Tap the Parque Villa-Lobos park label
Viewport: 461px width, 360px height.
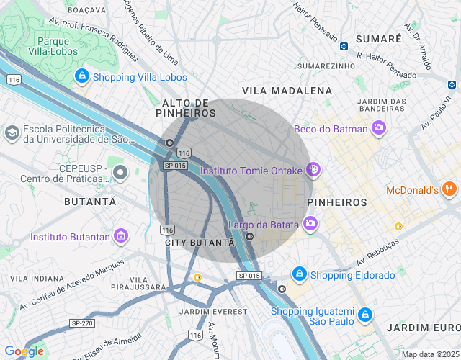(x=48, y=46)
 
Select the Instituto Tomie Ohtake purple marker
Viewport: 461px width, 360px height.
(x=313, y=171)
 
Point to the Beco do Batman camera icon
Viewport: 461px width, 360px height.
(x=379, y=129)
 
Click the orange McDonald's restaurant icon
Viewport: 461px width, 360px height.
(x=449, y=190)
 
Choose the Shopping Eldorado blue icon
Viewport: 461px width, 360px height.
(x=299, y=275)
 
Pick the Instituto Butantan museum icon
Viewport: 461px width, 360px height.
(x=121, y=236)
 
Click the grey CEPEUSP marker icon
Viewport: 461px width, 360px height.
(x=121, y=172)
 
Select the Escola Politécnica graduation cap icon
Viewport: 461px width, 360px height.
(x=12, y=132)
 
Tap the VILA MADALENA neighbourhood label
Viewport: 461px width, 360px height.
(x=287, y=91)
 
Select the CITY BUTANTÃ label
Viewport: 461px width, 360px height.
(x=200, y=243)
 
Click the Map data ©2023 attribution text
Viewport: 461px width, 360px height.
(x=429, y=354)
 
